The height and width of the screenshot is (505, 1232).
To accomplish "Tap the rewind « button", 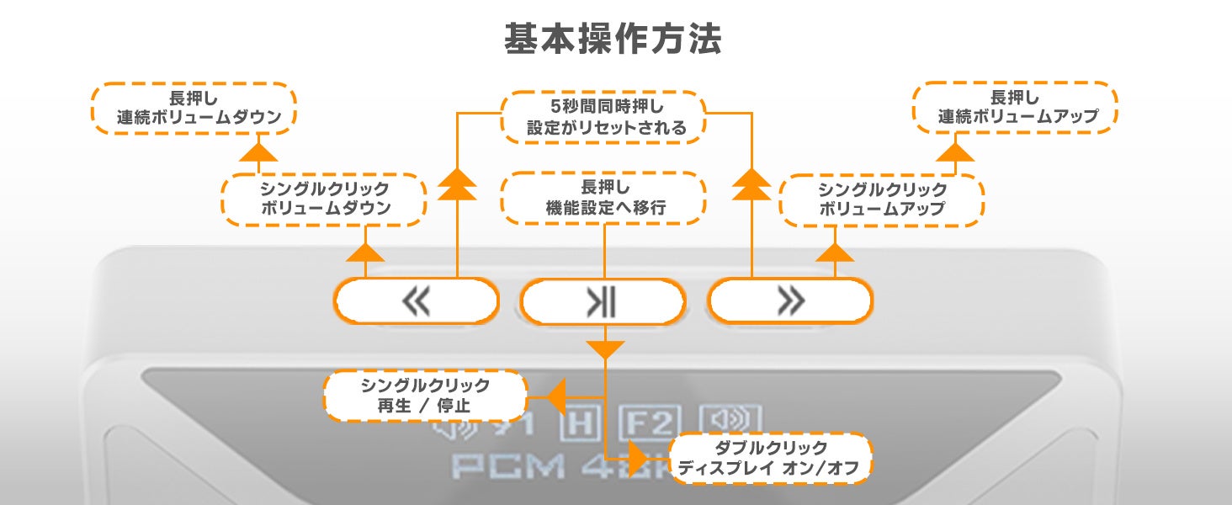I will point(417,301).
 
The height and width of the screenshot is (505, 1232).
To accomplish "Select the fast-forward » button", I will point(789,301).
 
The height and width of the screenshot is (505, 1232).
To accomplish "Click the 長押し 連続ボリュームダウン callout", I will point(194,109).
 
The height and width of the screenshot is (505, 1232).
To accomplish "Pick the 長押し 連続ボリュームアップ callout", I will point(1015,108).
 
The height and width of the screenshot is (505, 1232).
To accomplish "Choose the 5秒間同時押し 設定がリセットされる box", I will point(603,117).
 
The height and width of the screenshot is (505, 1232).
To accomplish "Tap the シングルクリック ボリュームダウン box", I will point(323,199).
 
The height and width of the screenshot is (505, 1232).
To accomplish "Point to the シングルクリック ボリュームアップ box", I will point(882,199).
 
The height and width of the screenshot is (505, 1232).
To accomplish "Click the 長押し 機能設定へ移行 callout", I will point(603,198).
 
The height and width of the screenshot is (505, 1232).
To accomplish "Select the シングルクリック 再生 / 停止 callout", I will point(425,396).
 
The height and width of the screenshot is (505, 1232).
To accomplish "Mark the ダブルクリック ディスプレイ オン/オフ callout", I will point(769,459).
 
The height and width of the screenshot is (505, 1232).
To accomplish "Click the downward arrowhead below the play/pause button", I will point(605,348).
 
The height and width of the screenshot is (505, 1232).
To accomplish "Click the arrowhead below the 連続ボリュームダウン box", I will point(258,152).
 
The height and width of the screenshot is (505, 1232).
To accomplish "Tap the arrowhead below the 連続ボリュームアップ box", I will point(954,152).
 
